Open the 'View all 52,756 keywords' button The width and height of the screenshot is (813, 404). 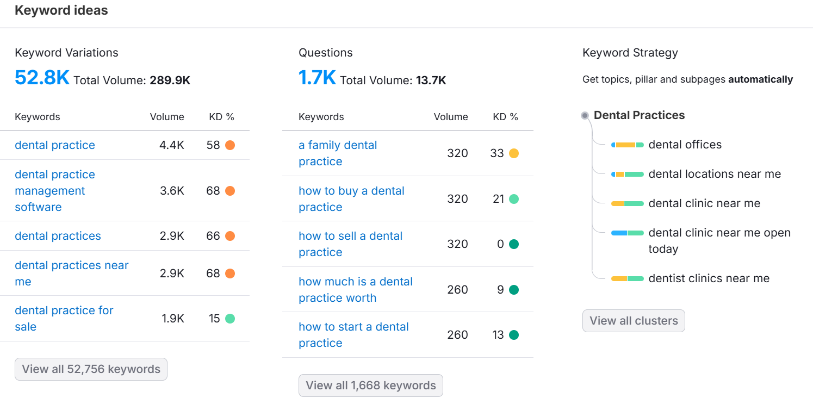click(91, 369)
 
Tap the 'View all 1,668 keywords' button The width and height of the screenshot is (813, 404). click(370, 386)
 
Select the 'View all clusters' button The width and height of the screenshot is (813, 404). click(634, 321)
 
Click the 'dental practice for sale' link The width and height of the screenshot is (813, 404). click(64, 318)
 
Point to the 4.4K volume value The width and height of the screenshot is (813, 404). click(172, 145)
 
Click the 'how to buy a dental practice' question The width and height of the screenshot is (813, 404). click(351, 198)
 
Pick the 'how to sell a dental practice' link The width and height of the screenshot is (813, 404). click(350, 244)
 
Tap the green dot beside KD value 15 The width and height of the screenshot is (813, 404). click(230, 319)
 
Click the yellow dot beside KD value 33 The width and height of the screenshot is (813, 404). click(514, 153)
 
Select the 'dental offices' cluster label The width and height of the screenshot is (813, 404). click(685, 145)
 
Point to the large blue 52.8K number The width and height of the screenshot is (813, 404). click(42, 78)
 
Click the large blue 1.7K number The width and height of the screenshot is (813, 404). click(317, 78)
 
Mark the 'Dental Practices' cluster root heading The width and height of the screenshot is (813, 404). click(639, 115)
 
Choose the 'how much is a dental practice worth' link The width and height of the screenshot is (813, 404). click(355, 289)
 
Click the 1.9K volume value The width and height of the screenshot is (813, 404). click(173, 319)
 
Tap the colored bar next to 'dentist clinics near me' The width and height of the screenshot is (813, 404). click(627, 278)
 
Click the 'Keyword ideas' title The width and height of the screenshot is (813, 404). click(61, 10)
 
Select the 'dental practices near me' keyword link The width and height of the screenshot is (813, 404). click(71, 273)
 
